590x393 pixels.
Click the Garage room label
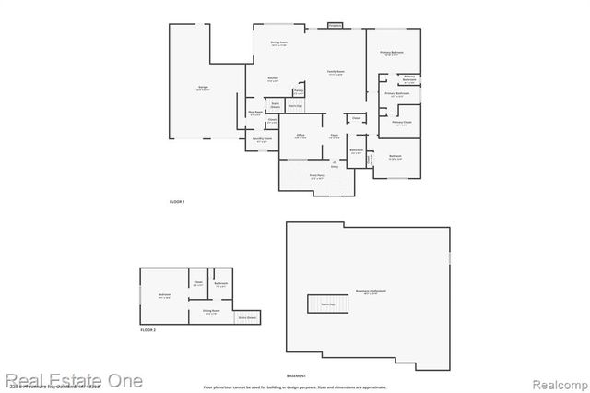202,89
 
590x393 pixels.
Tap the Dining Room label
278,43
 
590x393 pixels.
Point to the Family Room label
335,72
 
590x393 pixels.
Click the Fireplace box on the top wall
335,26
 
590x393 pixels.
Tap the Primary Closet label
401,123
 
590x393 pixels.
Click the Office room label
301,135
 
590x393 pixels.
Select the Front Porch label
317,175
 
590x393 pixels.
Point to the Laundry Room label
262,140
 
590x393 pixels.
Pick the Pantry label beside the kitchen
299,90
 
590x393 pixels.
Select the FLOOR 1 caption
177,201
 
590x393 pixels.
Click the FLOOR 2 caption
148,329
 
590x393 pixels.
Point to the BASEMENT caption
296,376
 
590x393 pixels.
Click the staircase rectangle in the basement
326,304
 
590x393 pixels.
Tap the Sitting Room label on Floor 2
211,311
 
